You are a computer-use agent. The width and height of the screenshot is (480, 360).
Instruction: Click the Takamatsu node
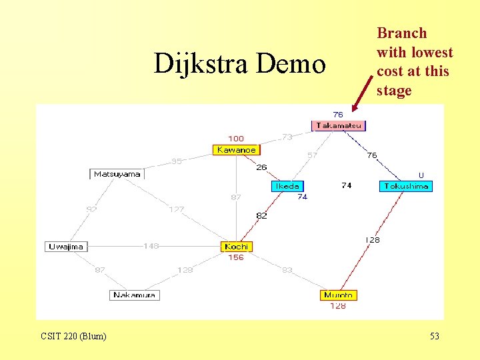(339, 125)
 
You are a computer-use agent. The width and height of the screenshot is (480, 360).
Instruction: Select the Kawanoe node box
(236, 150)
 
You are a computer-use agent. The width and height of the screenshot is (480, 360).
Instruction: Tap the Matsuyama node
(117, 174)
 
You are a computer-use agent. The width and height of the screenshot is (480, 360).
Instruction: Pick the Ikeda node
(288, 186)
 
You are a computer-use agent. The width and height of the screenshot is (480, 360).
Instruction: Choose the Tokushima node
(406, 186)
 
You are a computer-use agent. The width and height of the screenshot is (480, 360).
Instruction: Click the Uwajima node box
(66, 247)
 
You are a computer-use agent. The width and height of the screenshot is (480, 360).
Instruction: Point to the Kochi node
(236, 247)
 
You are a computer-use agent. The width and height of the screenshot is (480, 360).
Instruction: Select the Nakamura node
(134, 295)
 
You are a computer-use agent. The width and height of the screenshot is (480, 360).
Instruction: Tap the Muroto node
(339, 295)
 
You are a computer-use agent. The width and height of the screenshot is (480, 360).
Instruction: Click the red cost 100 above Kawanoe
(236, 139)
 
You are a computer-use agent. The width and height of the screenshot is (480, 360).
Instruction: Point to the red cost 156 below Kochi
(236, 257)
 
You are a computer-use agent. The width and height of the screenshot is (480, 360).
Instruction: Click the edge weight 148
(151, 246)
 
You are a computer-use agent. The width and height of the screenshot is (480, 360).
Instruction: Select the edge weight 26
(261, 167)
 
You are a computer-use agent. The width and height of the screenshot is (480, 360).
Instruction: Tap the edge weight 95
(177, 161)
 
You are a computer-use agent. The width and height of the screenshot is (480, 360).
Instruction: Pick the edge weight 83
(287, 270)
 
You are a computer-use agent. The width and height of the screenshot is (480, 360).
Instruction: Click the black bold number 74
(347, 185)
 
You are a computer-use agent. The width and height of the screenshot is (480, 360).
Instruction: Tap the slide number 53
(435, 336)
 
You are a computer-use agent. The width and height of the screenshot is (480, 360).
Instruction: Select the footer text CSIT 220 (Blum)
(73, 336)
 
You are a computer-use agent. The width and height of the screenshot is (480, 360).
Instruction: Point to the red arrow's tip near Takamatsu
(355, 109)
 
